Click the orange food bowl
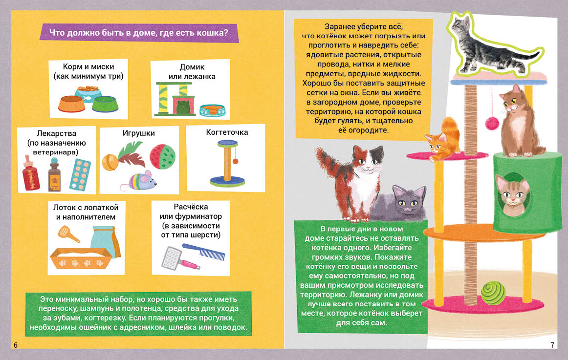point(71,104)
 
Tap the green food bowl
point(106,104)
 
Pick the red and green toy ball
point(162,156)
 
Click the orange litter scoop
point(68,233)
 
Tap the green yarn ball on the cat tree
point(493,292)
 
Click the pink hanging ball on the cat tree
point(492,123)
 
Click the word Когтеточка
point(227,132)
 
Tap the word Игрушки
point(138,133)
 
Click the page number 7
point(552,345)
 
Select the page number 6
point(16,345)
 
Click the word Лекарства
point(57,133)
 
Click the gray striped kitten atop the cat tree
point(493,47)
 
